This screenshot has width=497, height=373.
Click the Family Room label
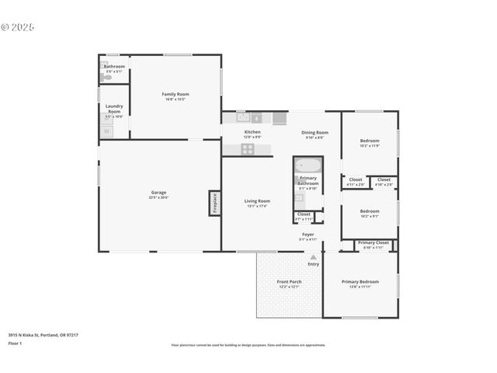tap(176, 96)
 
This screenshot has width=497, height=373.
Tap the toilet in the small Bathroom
tap(106, 77)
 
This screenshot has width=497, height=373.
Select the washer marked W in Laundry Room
tap(106, 131)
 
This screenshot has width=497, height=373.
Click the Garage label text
tap(158, 194)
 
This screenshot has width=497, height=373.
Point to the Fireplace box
tap(214, 203)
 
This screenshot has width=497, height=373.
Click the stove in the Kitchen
tap(247, 148)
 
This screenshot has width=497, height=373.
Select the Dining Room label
tap(315, 134)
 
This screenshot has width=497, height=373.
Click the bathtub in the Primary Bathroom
tap(308, 166)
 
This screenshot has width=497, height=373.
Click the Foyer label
tap(308, 235)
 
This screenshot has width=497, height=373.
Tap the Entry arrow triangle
tap(313, 256)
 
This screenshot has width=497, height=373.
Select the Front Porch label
tap(289, 284)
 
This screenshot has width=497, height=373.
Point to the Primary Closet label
tap(374, 244)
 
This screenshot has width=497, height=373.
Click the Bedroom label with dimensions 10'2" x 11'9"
tap(370, 142)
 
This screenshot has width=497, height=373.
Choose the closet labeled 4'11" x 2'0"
tap(355, 182)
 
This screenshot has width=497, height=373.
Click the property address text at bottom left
tap(43, 335)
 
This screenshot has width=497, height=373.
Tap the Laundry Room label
tap(113, 110)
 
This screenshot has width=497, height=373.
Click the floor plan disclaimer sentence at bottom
tap(248, 345)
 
